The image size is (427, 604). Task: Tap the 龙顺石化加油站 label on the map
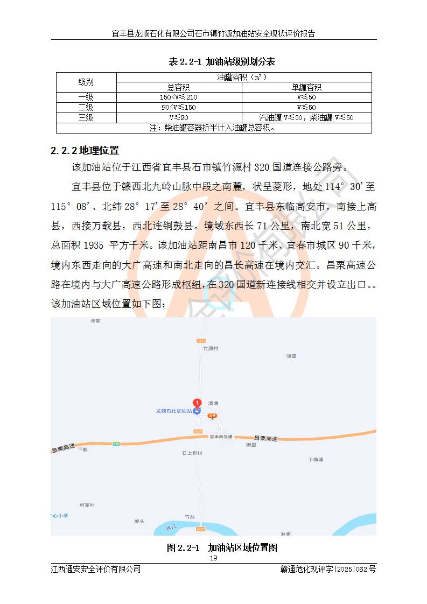click(x=174, y=411)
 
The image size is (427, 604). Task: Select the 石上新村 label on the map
click(x=192, y=453)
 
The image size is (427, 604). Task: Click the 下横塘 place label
click(x=315, y=459)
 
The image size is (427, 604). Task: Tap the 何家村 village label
click(x=87, y=505)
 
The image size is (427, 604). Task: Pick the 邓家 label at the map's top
click(x=95, y=321)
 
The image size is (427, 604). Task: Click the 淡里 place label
click(x=291, y=356)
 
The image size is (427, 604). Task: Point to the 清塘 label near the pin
click(x=213, y=403)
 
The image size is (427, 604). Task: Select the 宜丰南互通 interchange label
click(x=220, y=437)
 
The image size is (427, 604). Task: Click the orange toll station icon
click(x=212, y=416)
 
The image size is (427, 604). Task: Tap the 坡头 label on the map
click(x=139, y=521)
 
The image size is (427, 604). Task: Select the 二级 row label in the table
click(x=86, y=107)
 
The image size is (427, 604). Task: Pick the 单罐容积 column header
click(x=306, y=87)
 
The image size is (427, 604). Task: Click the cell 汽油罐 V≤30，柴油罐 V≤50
click(x=306, y=117)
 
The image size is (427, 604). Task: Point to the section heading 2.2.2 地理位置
click(x=85, y=150)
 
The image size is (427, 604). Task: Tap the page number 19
click(x=213, y=558)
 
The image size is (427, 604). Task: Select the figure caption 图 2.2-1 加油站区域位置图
click(x=222, y=548)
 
